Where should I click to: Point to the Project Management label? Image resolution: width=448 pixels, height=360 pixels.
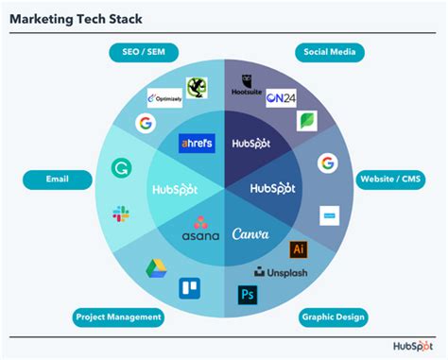point(120,317)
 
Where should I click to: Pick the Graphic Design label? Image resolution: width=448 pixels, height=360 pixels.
point(333,317)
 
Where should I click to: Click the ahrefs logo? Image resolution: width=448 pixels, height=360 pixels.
point(197,143)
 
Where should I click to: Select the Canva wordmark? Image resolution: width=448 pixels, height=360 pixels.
point(250,232)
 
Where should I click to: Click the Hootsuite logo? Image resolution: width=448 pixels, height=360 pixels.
point(248,87)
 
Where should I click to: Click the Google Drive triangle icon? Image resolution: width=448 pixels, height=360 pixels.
point(156,268)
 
